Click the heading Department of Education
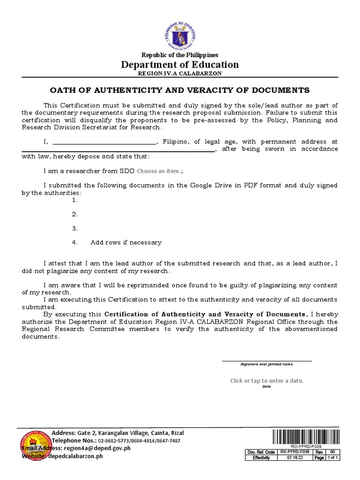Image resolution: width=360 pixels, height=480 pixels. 180,65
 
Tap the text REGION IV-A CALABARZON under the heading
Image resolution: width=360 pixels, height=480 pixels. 180,74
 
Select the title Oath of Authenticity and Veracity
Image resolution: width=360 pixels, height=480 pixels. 180,90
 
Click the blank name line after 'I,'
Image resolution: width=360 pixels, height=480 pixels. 104,142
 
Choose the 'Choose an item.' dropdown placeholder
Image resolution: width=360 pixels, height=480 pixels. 158,171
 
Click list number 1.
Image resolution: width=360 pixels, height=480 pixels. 75,200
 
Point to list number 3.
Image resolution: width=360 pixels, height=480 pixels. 75,228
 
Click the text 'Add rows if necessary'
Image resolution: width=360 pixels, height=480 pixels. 126,242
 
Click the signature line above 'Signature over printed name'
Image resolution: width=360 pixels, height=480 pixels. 266,360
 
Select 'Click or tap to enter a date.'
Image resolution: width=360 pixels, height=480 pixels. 267,381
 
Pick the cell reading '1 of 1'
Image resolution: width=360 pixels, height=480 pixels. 331,458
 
